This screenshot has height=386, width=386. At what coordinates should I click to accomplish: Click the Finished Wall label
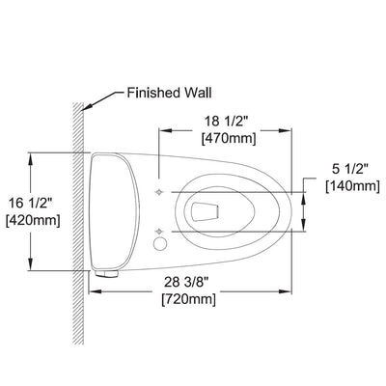pyautogui.click(x=170, y=93)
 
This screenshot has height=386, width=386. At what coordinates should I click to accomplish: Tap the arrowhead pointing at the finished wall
pyautogui.click(x=88, y=105)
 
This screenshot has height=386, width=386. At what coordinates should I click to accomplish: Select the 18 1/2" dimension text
pyautogui.click(x=227, y=122)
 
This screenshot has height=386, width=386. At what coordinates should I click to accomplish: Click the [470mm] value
pyautogui.click(x=229, y=139)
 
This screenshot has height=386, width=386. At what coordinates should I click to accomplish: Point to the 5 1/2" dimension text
pyautogui.click(x=350, y=169)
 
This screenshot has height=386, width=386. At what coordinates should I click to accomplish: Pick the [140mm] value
pyautogui.click(x=353, y=186)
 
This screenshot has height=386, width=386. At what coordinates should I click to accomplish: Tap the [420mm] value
pyautogui.click(x=33, y=221)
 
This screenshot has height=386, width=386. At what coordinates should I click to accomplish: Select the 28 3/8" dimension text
pyautogui.click(x=186, y=282)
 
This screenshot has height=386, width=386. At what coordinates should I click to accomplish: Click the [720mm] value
pyautogui.click(x=188, y=300)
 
